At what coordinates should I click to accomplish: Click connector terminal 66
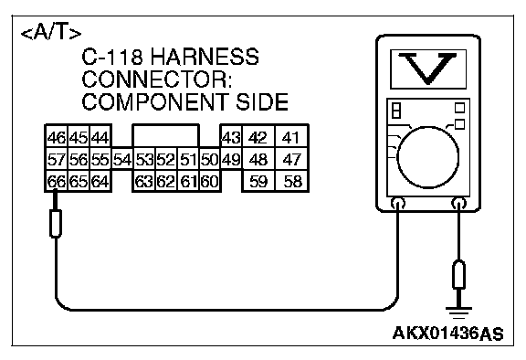click(x=57, y=181)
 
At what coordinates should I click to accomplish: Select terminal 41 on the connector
click(x=291, y=137)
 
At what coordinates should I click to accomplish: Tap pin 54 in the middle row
click(x=122, y=159)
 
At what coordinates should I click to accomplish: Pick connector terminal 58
click(x=291, y=181)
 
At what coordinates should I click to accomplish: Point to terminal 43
click(x=231, y=137)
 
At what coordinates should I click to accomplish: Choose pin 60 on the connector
click(x=210, y=181)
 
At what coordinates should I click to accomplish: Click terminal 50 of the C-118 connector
click(x=210, y=159)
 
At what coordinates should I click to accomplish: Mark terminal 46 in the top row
click(x=57, y=137)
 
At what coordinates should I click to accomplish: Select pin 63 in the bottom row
click(x=144, y=181)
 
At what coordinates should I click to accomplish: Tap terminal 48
click(x=258, y=159)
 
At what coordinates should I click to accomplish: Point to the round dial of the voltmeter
click(x=427, y=157)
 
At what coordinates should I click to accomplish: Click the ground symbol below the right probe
click(x=458, y=312)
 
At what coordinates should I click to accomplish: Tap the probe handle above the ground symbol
click(x=458, y=274)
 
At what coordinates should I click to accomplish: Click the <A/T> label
click(x=51, y=33)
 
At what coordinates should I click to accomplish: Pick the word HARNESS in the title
click(x=205, y=57)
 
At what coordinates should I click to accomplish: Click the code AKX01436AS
click(x=447, y=334)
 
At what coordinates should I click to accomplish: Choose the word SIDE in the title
click(x=262, y=101)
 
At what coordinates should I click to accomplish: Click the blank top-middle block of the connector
click(x=166, y=135)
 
